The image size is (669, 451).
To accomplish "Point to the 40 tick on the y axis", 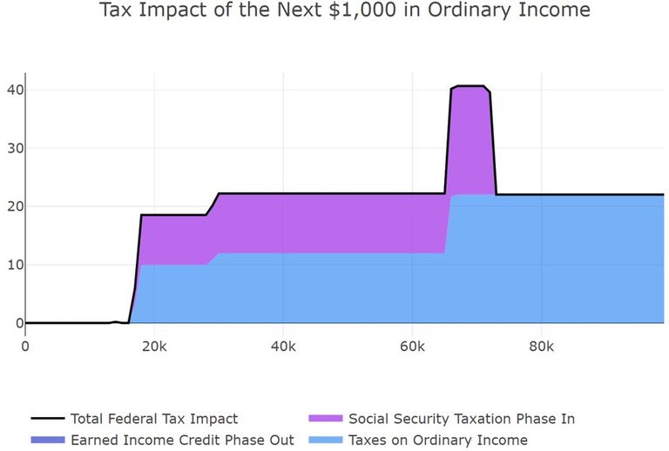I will [x=14, y=90].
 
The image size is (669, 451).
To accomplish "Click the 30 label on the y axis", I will [x=14, y=148].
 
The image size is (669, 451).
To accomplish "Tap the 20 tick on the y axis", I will [x=14, y=206].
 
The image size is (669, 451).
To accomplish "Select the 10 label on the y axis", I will [x=14, y=265].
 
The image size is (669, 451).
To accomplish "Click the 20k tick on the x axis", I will [x=153, y=347].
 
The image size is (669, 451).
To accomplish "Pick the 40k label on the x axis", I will [x=282, y=347].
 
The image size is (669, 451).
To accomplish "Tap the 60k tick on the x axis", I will [x=412, y=347].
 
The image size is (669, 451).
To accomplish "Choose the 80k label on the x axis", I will [x=541, y=347].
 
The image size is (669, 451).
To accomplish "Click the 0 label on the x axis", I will [x=25, y=347].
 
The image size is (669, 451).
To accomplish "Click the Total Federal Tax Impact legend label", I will [x=153, y=418].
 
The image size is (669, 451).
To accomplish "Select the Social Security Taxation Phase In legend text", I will [x=462, y=418].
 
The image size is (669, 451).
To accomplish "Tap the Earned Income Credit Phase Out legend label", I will [x=181, y=440].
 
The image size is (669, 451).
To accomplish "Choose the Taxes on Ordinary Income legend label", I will [x=437, y=440].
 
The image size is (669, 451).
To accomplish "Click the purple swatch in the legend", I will [x=325, y=418].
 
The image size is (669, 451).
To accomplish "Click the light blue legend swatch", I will [x=325, y=440].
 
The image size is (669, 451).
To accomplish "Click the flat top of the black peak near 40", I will [x=470, y=86].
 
